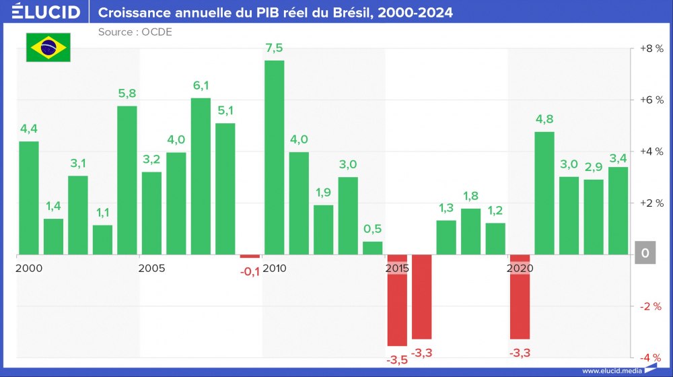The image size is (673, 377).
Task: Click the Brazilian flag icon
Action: click(48, 46)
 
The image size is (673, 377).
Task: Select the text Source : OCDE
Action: click(135, 32)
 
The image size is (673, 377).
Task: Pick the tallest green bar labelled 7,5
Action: click(274, 158)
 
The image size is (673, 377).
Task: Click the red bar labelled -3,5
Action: click(397, 300)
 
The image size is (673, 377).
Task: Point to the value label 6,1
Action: click(201, 85)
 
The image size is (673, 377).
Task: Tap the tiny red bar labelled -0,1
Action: click(250, 256)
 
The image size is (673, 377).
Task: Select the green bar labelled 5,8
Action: click(127, 180)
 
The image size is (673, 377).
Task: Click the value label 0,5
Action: click(373, 229)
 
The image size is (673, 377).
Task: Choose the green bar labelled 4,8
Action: click(544, 193)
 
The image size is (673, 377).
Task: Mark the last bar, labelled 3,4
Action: click(618, 211)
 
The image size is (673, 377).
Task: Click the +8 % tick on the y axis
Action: click(651, 48)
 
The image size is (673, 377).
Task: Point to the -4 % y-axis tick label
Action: click(651, 357)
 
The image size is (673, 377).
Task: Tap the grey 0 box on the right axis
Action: click(645, 254)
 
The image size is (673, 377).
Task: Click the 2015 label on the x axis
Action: click(398, 269)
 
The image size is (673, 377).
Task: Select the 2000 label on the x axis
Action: click(29, 269)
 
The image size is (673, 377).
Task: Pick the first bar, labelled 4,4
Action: click(29, 198)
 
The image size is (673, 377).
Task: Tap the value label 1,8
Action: click(471, 196)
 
